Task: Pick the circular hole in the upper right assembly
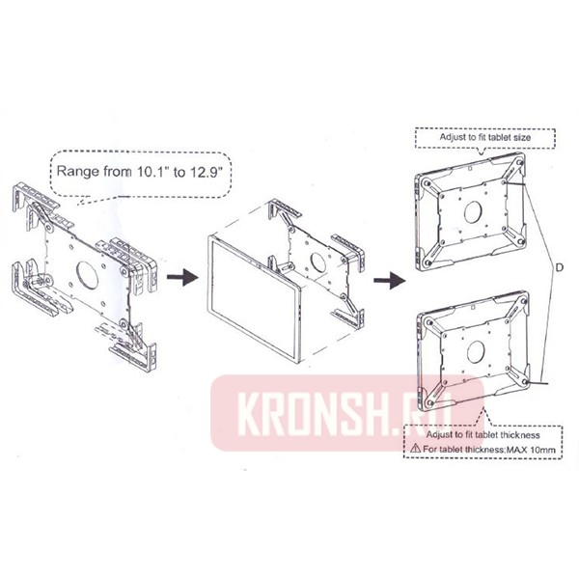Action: click(x=473, y=210)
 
